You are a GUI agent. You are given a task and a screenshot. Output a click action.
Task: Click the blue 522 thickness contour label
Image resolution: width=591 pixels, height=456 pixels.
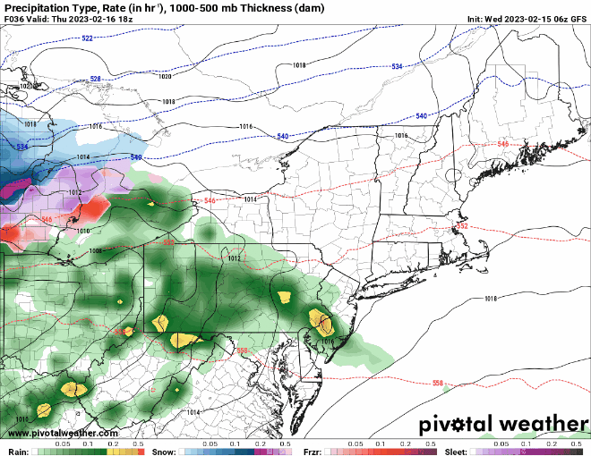(87, 38)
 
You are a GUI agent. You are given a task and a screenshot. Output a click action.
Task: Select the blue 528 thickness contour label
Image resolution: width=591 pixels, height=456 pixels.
(95, 79)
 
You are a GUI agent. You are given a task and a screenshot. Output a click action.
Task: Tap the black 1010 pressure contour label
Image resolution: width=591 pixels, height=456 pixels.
(82, 231)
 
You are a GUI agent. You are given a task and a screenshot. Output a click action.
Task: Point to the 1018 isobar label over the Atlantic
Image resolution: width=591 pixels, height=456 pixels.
(490, 298)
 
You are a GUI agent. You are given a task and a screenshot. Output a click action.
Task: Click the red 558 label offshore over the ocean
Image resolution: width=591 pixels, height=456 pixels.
(438, 383)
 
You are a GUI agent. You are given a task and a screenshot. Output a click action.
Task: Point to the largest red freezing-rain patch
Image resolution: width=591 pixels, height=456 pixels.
(88, 213)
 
